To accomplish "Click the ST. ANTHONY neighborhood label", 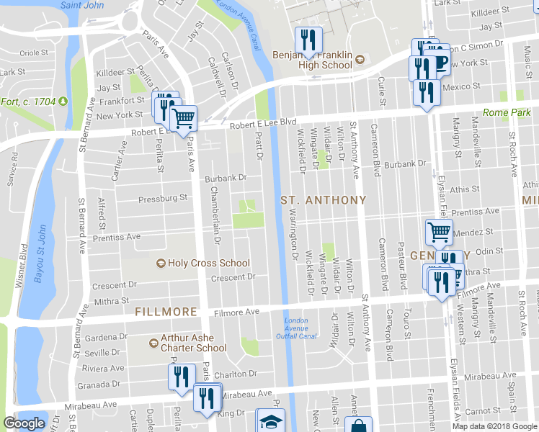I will coord(324,199).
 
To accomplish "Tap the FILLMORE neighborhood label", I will coord(166,312).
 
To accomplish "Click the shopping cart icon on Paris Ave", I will coord(184,118).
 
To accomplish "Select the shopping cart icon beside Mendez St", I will coord(439,232).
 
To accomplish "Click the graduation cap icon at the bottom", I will coord(271,421).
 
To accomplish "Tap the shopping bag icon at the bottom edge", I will coord(358,426).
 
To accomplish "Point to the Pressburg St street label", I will coord(163,197).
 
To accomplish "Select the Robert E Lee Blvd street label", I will coord(263,123).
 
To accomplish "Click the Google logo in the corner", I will coord(24,423).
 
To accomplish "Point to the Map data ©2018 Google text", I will coord(494,426).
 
